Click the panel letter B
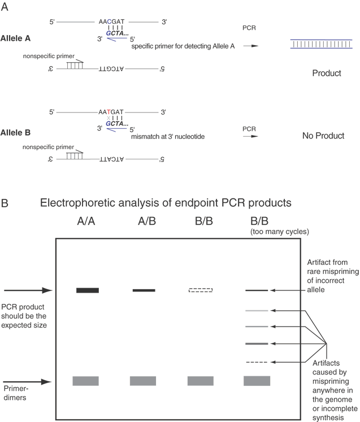pos(5,202)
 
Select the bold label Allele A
pos(21,39)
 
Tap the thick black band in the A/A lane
pos(88,290)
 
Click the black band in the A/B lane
pos(144,290)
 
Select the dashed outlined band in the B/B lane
pos(201,290)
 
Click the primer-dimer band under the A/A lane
pos(86,381)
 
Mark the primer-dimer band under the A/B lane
pos(143,381)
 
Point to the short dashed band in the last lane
pos(256,362)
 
